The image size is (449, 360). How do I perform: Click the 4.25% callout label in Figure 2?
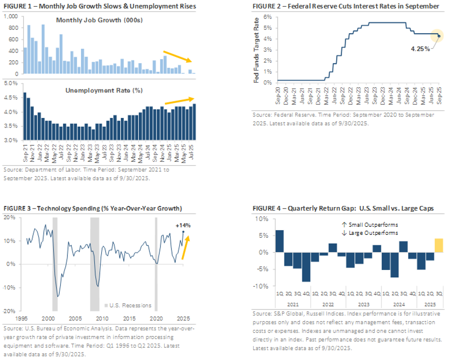421,49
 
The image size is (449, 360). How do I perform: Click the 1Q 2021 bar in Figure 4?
279,241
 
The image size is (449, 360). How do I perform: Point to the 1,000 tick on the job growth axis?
11,16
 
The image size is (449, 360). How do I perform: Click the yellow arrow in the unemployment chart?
180,100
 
